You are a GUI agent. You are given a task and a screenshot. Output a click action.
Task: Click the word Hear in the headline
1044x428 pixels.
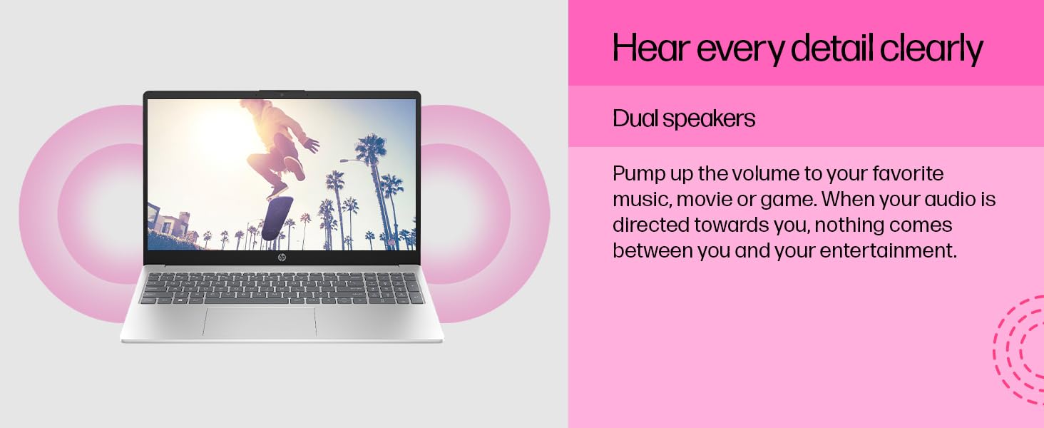point(650,48)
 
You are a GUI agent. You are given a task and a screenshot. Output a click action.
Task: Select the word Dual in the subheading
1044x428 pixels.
point(635,118)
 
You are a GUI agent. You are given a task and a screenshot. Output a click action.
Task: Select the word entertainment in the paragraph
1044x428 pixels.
point(888,250)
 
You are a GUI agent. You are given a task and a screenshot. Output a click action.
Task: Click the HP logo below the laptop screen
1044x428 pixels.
point(282,258)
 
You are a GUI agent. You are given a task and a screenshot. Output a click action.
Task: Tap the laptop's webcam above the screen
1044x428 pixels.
point(282,95)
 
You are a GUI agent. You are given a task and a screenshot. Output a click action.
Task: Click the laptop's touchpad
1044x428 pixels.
point(260,322)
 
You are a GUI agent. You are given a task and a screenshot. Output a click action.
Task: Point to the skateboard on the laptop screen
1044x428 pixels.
point(277,218)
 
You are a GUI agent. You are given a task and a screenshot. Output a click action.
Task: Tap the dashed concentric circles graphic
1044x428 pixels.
point(1019,350)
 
